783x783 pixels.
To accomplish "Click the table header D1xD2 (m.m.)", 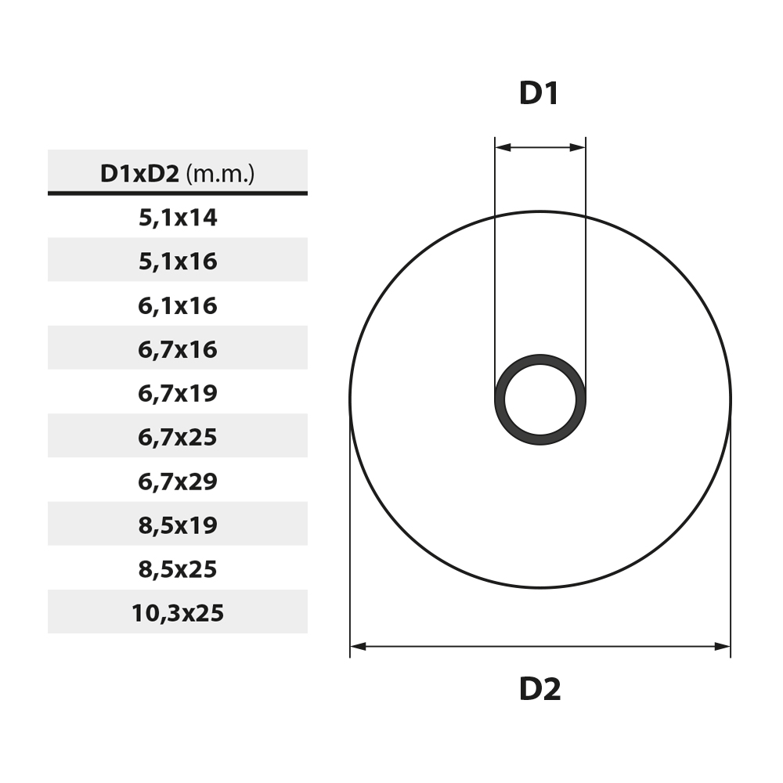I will click(x=177, y=173).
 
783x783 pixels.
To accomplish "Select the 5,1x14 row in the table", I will click(x=177, y=217).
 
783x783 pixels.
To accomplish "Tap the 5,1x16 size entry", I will click(x=177, y=261).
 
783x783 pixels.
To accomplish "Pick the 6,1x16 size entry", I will click(x=177, y=305).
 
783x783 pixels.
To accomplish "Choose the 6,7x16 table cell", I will click(x=177, y=348).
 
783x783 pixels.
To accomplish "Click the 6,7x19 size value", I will click(x=177, y=392).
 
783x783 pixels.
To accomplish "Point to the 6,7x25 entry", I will click(x=177, y=436).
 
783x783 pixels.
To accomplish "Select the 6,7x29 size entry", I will click(x=177, y=481).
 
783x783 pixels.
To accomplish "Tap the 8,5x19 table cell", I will click(x=177, y=525).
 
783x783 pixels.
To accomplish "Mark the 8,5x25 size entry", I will click(x=177, y=568).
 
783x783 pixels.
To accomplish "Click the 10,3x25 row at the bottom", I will click(x=177, y=612).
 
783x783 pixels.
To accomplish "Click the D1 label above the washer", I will click(x=539, y=94).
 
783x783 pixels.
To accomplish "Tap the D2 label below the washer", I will click(x=539, y=689).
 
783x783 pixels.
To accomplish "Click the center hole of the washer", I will click(x=540, y=400).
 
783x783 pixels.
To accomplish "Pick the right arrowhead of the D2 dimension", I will click(x=723, y=646).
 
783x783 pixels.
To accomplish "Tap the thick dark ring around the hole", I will click(x=540, y=360).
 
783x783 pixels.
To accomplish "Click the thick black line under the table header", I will click(x=177, y=193).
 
